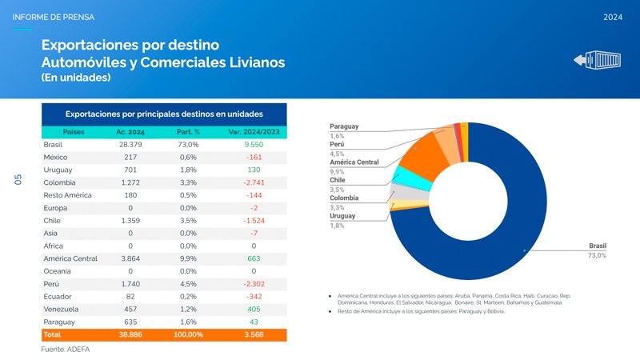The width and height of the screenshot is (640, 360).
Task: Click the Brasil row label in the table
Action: (x=53, y=145)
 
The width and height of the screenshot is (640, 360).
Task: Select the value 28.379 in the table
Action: (x=130, y=145)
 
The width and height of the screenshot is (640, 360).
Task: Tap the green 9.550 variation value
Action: (x=254, y=145)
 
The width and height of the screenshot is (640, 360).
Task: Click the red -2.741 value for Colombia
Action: (x=254, y=182)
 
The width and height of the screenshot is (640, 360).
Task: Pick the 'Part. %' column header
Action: (x=188, y=131)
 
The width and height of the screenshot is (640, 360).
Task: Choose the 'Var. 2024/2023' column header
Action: (x=254, y=131)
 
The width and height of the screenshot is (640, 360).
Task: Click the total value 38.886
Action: (x=130, y=334)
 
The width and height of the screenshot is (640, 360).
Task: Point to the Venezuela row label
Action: (x=61, y=309)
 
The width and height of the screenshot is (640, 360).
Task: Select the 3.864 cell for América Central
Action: (x=130, y=258)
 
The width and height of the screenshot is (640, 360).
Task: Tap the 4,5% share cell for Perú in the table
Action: (x=190, y=283)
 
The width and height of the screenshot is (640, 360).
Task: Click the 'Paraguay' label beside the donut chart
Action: (x=344, y=126)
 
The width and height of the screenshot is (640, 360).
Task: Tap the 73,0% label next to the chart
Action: (x=597, y=255)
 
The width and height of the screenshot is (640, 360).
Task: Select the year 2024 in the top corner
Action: (x=613, y=17)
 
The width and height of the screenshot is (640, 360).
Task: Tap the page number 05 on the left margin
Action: (x=19, y=182)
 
